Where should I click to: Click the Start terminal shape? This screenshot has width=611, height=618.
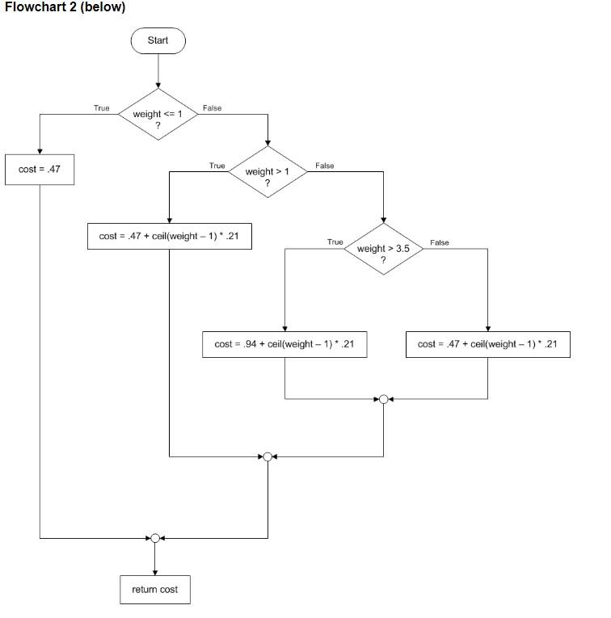(x=158, y=40)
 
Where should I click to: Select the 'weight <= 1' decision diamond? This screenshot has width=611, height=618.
(x=158, y=115)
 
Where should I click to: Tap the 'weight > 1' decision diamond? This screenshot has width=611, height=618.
(x=267, y=172)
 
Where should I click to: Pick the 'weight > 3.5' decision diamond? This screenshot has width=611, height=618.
(x=384, y=249)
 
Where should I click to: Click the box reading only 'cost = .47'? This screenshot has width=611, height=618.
(x=40, y=170)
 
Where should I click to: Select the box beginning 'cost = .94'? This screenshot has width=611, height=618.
(x=284, y=344)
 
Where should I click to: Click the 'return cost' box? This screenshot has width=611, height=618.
(x=154, y=590)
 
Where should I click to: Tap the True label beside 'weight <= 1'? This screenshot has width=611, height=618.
(x=101, y=108)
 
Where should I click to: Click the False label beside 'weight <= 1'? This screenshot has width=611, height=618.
(x=212, y=108)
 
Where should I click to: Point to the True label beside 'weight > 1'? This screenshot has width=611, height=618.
(x=217, y=166)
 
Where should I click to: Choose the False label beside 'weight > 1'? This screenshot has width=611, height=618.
(x=324, y=166)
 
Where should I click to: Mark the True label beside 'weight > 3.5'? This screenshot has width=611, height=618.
(x=335, y=242)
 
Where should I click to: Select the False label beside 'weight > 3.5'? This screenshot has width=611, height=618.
(x=440, y=242)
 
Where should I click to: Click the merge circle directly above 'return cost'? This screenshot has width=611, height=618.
(x=154, y=537)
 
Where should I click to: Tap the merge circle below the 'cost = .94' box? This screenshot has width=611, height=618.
(x=383, y=399)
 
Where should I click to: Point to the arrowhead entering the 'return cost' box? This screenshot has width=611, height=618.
(x=154, y=572)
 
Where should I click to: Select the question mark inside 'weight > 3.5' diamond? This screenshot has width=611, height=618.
(x=384, y=259)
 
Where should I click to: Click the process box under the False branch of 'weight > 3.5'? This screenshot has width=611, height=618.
(x=487, y=344)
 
